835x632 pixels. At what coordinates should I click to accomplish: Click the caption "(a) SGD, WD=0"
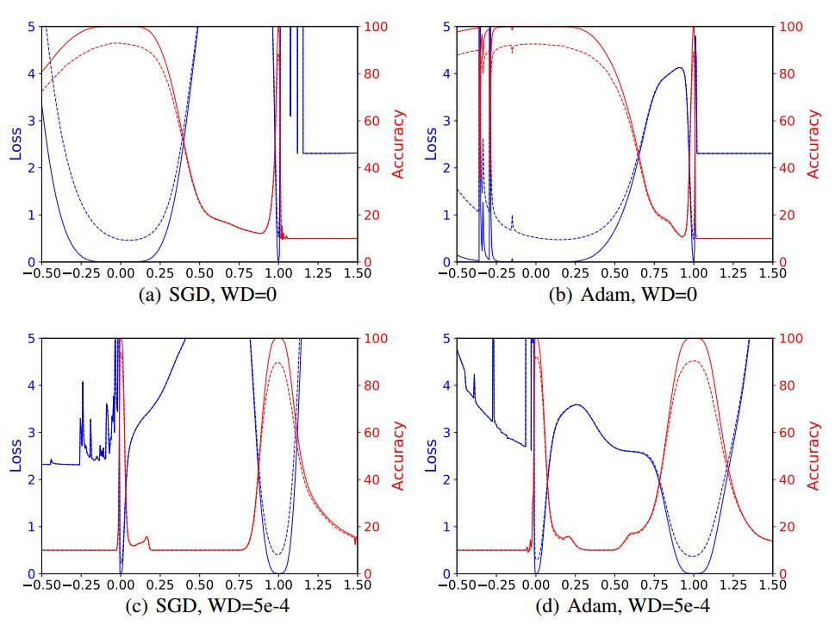(x=199, y=295)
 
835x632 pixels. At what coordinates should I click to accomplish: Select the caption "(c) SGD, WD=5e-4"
(x=199, y=607)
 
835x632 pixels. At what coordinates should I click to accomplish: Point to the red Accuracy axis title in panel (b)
(x=813, y=144)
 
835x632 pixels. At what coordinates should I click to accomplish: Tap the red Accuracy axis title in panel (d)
(x=813, y=456)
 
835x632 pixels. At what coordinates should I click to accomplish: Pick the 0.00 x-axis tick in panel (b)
(x=536, y=273)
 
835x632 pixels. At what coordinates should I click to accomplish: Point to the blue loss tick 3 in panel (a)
(x=31, y=121)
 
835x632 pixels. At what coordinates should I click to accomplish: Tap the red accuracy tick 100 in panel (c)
(x=375, y=339)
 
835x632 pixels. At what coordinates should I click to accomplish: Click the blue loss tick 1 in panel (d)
(x=445, y=527)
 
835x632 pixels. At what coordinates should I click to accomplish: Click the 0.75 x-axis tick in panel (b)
(x=654, y=273)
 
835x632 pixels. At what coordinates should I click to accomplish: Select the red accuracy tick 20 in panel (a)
(x=371, y=215)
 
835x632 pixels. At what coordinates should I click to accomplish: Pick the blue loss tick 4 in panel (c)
(x=31, y=385)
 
